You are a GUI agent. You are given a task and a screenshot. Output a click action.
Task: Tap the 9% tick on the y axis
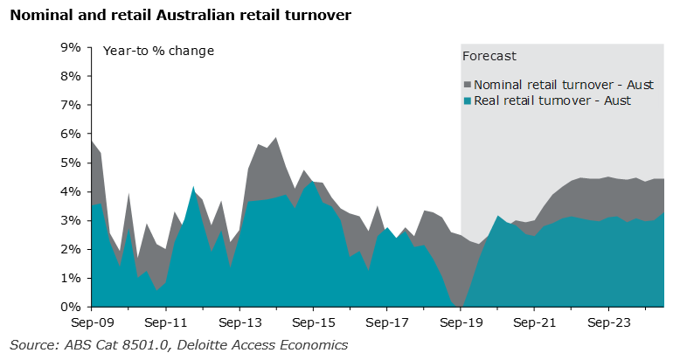pos(71,47)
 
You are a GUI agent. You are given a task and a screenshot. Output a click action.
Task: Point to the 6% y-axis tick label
pos(71,134)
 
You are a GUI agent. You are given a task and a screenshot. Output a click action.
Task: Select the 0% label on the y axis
pos(71,307)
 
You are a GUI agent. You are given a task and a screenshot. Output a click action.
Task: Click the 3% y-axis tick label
pos(71,220)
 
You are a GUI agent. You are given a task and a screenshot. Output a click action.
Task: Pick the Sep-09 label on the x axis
pos(91,322)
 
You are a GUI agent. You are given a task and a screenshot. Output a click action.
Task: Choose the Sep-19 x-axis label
pos(461,322)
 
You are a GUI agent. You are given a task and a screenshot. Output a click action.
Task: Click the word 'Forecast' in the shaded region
pos(489,56)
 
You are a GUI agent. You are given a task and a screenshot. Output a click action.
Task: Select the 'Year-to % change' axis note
pos(158,51)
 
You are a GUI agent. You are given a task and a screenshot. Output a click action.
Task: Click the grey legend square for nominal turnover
pos(467,85)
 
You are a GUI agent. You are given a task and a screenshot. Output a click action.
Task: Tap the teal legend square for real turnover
pos(467,101)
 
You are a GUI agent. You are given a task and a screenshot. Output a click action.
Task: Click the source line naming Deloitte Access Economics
pos(178,344)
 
